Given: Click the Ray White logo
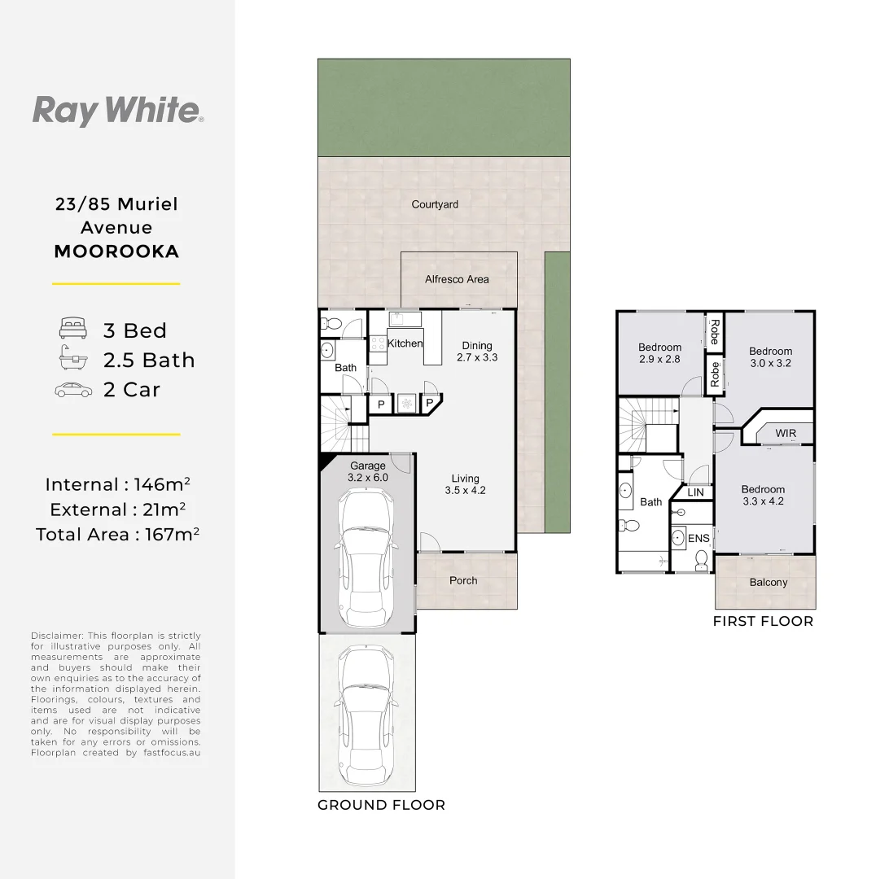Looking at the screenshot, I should pos(117,110).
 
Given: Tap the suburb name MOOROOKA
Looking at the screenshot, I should pos(116,251).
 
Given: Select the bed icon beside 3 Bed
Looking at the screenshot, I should pos(72,330).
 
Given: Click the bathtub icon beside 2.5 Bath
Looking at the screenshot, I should pos(72,359).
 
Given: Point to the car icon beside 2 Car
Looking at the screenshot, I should pos(72,390).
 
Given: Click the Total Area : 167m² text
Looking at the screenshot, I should pos(117,535).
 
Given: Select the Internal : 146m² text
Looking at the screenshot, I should pos(117,485).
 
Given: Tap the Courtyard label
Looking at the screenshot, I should pos(435,204).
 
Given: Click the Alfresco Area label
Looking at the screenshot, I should pos(457,279).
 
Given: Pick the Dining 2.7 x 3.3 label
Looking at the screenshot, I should pos(477,351).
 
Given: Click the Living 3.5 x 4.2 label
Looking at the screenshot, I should pos(466,484).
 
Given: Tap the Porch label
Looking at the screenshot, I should pos(463,580).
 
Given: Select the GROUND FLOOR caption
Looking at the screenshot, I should pos(381,805).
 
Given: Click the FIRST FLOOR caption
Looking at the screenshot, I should pos(763,621).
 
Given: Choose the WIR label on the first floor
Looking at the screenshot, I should pos(786,433).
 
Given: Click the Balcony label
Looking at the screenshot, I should pos(769,582).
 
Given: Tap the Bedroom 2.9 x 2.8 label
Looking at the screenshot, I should pos(659,353).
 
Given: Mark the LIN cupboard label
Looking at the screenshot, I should pos(695,492).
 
